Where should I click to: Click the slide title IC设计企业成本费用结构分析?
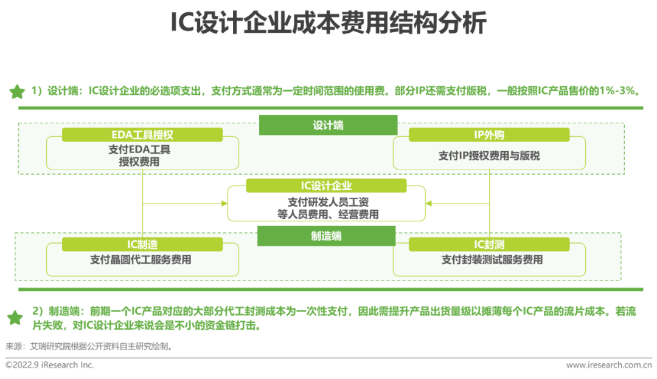coord(328,22)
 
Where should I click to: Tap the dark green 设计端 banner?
coord(328,125)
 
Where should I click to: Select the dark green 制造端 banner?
coord(326,236)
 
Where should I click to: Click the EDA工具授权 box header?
coord(142,135)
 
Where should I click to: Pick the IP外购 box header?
coord(489,135)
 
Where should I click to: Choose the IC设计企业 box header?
coord(326,186)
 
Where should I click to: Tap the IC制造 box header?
coord(142,244)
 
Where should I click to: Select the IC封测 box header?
coord(489,244)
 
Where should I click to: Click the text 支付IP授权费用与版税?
coord(489,156)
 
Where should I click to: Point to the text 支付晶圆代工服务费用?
coord(141,260)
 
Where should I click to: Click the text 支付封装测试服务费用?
coord(492,260)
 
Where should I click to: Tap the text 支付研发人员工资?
coord(328,202)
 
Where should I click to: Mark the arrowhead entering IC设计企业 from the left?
coord(224,203)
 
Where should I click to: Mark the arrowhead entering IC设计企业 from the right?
coord(429,203)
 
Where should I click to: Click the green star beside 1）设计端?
coord(17,92)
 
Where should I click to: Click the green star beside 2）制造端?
coord(15,318)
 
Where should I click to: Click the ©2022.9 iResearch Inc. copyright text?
coord(49,365)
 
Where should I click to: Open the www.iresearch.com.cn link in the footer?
coord(609,365)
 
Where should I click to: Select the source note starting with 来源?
coord(89,346)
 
